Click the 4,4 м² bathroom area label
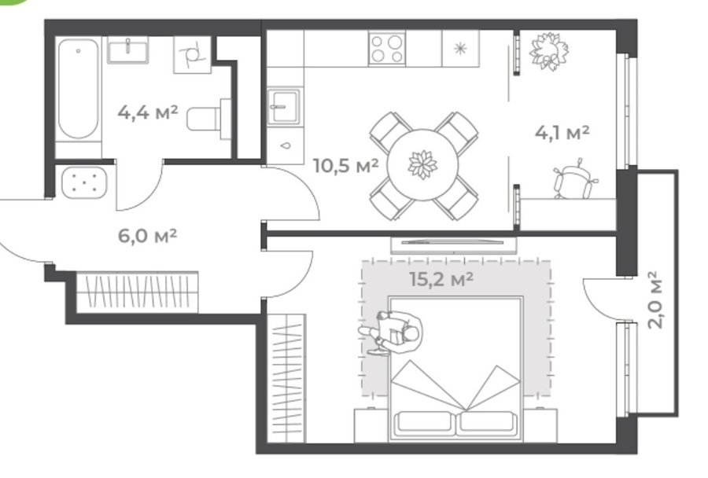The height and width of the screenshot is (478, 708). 147,112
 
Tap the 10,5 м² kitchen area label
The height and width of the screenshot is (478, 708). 345,166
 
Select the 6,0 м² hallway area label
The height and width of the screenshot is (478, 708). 147,235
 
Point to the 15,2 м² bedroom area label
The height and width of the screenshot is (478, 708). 441,279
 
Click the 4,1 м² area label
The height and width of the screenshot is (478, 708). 562,132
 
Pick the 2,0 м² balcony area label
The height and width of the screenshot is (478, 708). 655,300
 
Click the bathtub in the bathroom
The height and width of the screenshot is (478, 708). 79,89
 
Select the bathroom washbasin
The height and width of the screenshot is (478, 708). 127,50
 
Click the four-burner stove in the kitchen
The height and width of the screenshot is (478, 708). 387,48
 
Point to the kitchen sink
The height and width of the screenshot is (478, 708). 284,106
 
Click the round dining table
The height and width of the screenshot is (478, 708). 423,165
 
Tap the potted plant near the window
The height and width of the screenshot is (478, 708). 548,50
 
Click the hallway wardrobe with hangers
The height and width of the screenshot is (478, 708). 137,292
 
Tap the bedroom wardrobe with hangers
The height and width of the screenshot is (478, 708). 286,378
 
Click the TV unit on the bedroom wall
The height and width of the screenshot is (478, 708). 453,245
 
